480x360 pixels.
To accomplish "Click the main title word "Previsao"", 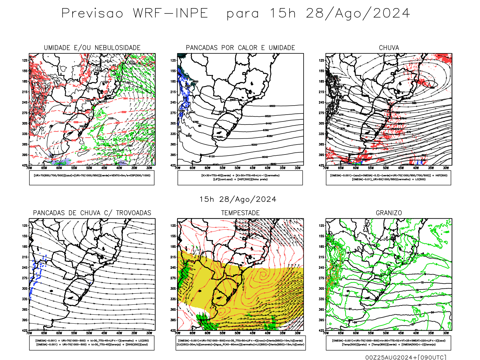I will [x=92, y=13].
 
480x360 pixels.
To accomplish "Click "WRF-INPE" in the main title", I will [x=170, y=13].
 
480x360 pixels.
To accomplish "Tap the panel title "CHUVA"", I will [x=389, y=48].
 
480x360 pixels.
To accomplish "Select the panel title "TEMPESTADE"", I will [x=240, y=213].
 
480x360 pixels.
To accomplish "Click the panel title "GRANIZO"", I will [x=389, y=213].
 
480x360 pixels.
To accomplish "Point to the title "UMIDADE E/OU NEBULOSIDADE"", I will [x=92, y=48].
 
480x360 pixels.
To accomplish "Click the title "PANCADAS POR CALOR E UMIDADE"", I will [x=240, y=48].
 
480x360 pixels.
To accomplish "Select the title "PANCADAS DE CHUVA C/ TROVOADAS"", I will [x=92, y=213].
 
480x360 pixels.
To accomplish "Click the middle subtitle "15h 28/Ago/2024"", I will [x=238, y=199].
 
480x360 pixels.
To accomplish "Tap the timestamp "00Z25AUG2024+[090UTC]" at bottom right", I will [x=406, y=357].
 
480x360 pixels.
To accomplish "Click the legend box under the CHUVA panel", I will [x=388, y=178].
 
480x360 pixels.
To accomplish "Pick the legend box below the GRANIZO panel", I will [x=388, y=343].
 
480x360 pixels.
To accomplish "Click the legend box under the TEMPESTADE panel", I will [x=240, y=343].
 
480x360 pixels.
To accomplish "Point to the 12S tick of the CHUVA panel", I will [x=322, y=60].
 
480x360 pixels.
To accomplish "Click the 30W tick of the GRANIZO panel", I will [x=446, y=333].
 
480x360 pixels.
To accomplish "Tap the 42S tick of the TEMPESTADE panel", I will [x=173, y=330].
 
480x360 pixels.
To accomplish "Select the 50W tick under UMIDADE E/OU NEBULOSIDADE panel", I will [x=89, y=168].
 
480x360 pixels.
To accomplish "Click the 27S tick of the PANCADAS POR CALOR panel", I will [x=173, y=113].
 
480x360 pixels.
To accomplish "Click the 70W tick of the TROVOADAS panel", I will [x=29, y=333].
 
